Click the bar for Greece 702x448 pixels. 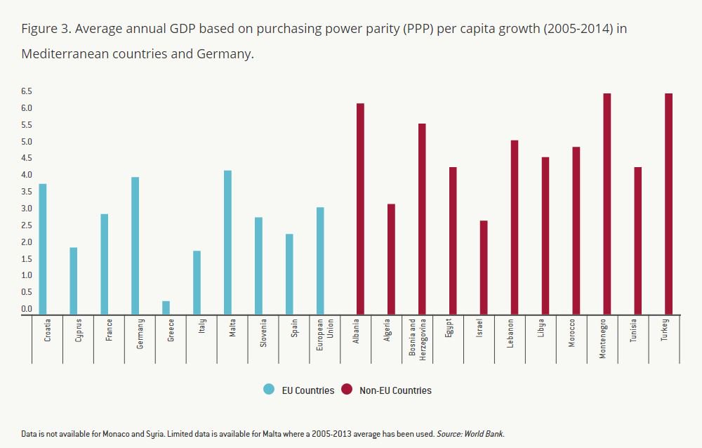pyautogui.click(x=166, y=308)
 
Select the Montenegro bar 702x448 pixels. pyautogui.click(x=607, y=204)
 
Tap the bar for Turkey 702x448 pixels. pyautogui.click(x=669, y=204)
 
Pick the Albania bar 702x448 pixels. pyautogui.click(x=360, y=209)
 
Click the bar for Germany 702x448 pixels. pyautogui.click(x=135, y=246)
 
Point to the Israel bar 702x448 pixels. pyautogui.click(x=484, y=268)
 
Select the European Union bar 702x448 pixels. pyautogui.click(x=320, y=261)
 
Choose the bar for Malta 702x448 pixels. pyautogui.click(x=227, y=242)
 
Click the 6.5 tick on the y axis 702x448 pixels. pyautogui.click(x=27, y=91)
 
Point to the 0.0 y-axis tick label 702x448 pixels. pyautogui.click(x=27, y=309)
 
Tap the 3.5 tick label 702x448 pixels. pyautogui.click(x=27, y=192)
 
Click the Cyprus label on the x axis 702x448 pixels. pyautogui.click(x=79, y=331)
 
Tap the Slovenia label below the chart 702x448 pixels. pyautogui.click(x=264, y=333)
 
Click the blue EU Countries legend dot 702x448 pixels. pyautogui.click(x=269, y=390)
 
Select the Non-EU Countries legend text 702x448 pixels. pyautogui.click(x=395, y=390)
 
